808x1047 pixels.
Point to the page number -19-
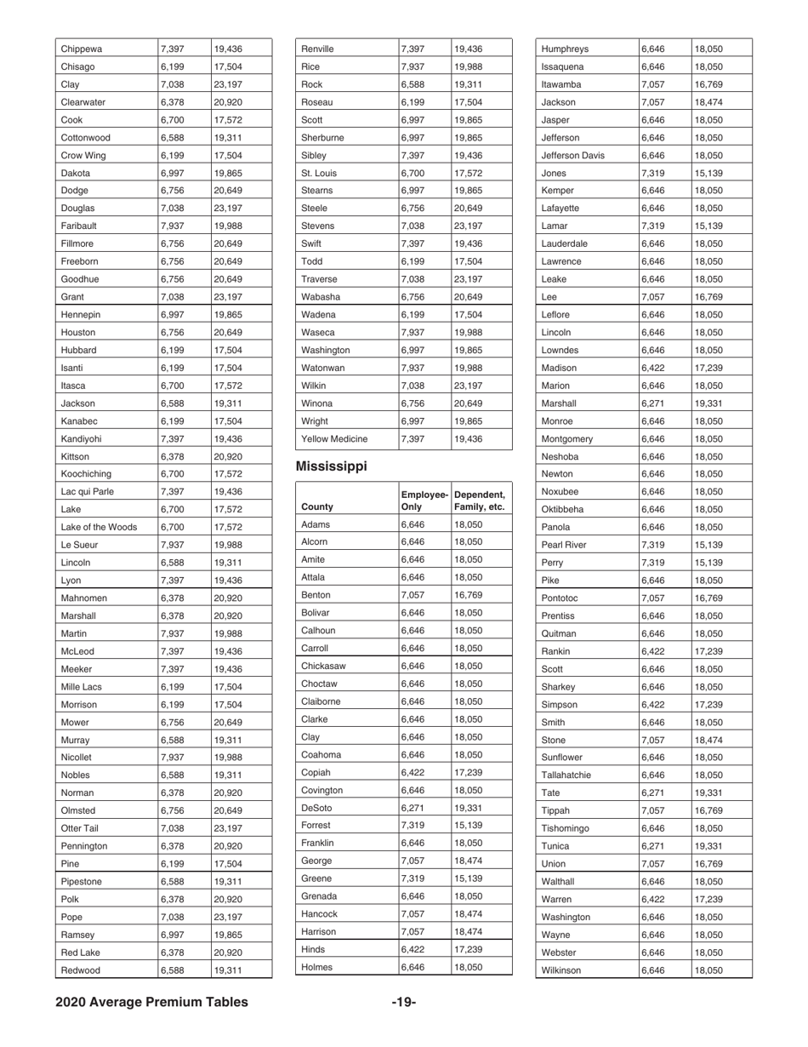tap(403, 1002)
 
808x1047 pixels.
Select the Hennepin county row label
tap(79, 314)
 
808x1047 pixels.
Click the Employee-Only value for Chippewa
tap(172, 49)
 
